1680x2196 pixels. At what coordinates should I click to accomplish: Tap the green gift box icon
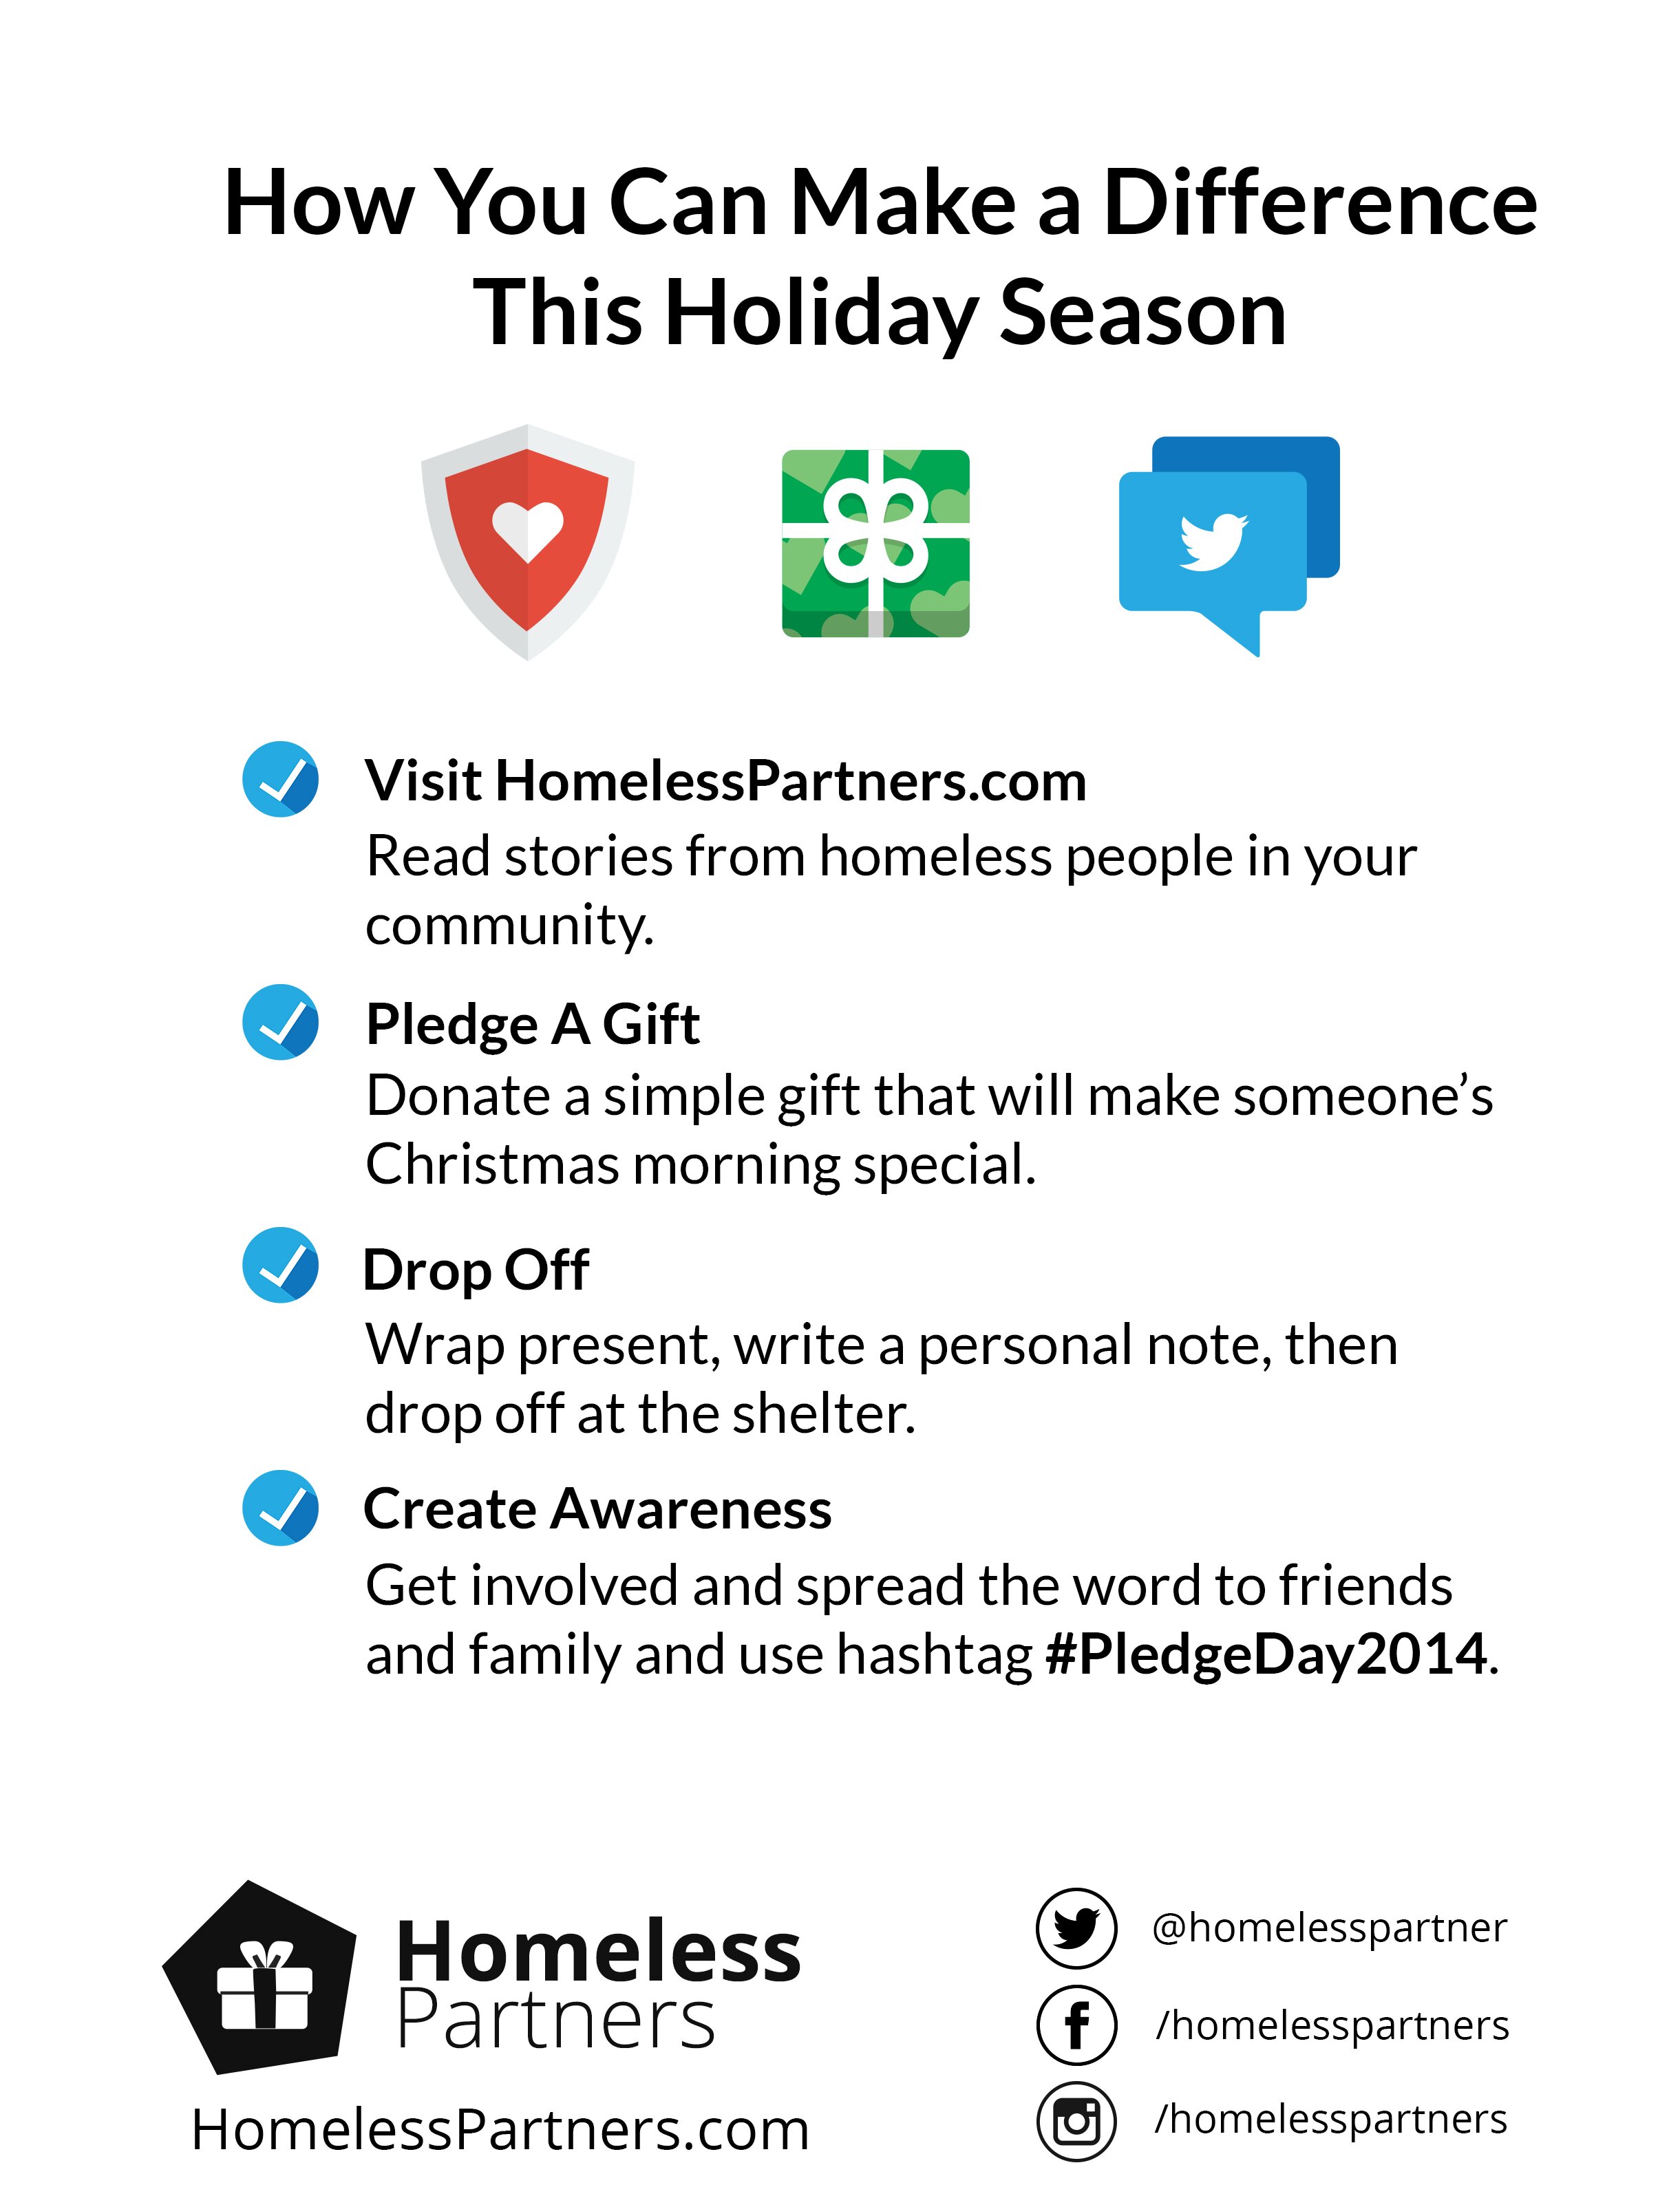tap(875, 543)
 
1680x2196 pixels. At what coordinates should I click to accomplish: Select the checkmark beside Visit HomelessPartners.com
tap(281, 779)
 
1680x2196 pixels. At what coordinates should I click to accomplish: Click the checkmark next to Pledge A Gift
tap(281, 1021)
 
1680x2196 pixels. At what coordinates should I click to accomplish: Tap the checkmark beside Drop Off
tap(281, 1264)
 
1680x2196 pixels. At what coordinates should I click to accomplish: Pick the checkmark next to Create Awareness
tap(281, 1507)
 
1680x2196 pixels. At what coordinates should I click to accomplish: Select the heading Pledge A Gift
tap(533, 1024)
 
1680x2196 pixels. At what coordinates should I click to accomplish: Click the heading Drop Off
tap(476, 1270)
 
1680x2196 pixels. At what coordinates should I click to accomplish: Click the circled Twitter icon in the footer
tap(1076, 1928)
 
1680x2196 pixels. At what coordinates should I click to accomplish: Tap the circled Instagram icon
tap(1076, 2121)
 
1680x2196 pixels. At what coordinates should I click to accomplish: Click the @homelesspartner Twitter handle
tap(1329, 1929)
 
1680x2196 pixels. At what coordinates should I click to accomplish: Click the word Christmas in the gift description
tap(493, 1165)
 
